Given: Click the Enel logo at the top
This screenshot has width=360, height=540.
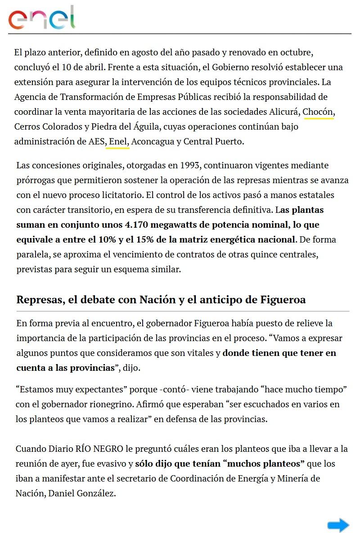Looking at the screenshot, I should [x=41, y=18].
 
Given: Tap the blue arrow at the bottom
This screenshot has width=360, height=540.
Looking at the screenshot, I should [x=338, y=525].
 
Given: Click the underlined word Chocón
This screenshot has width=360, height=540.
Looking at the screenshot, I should [x=319, y=112].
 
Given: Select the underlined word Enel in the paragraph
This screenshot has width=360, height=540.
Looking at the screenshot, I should [x=118, y=141].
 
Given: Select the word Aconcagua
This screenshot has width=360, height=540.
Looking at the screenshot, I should [x=153, y=141].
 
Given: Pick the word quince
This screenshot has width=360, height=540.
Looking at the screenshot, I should [x=261, y=254].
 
